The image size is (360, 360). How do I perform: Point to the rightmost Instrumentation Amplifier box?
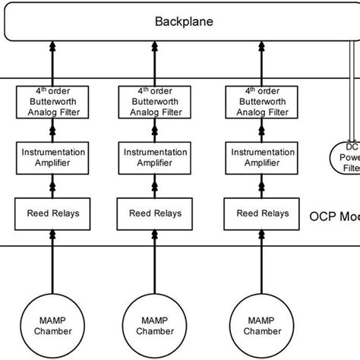point(258,158)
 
